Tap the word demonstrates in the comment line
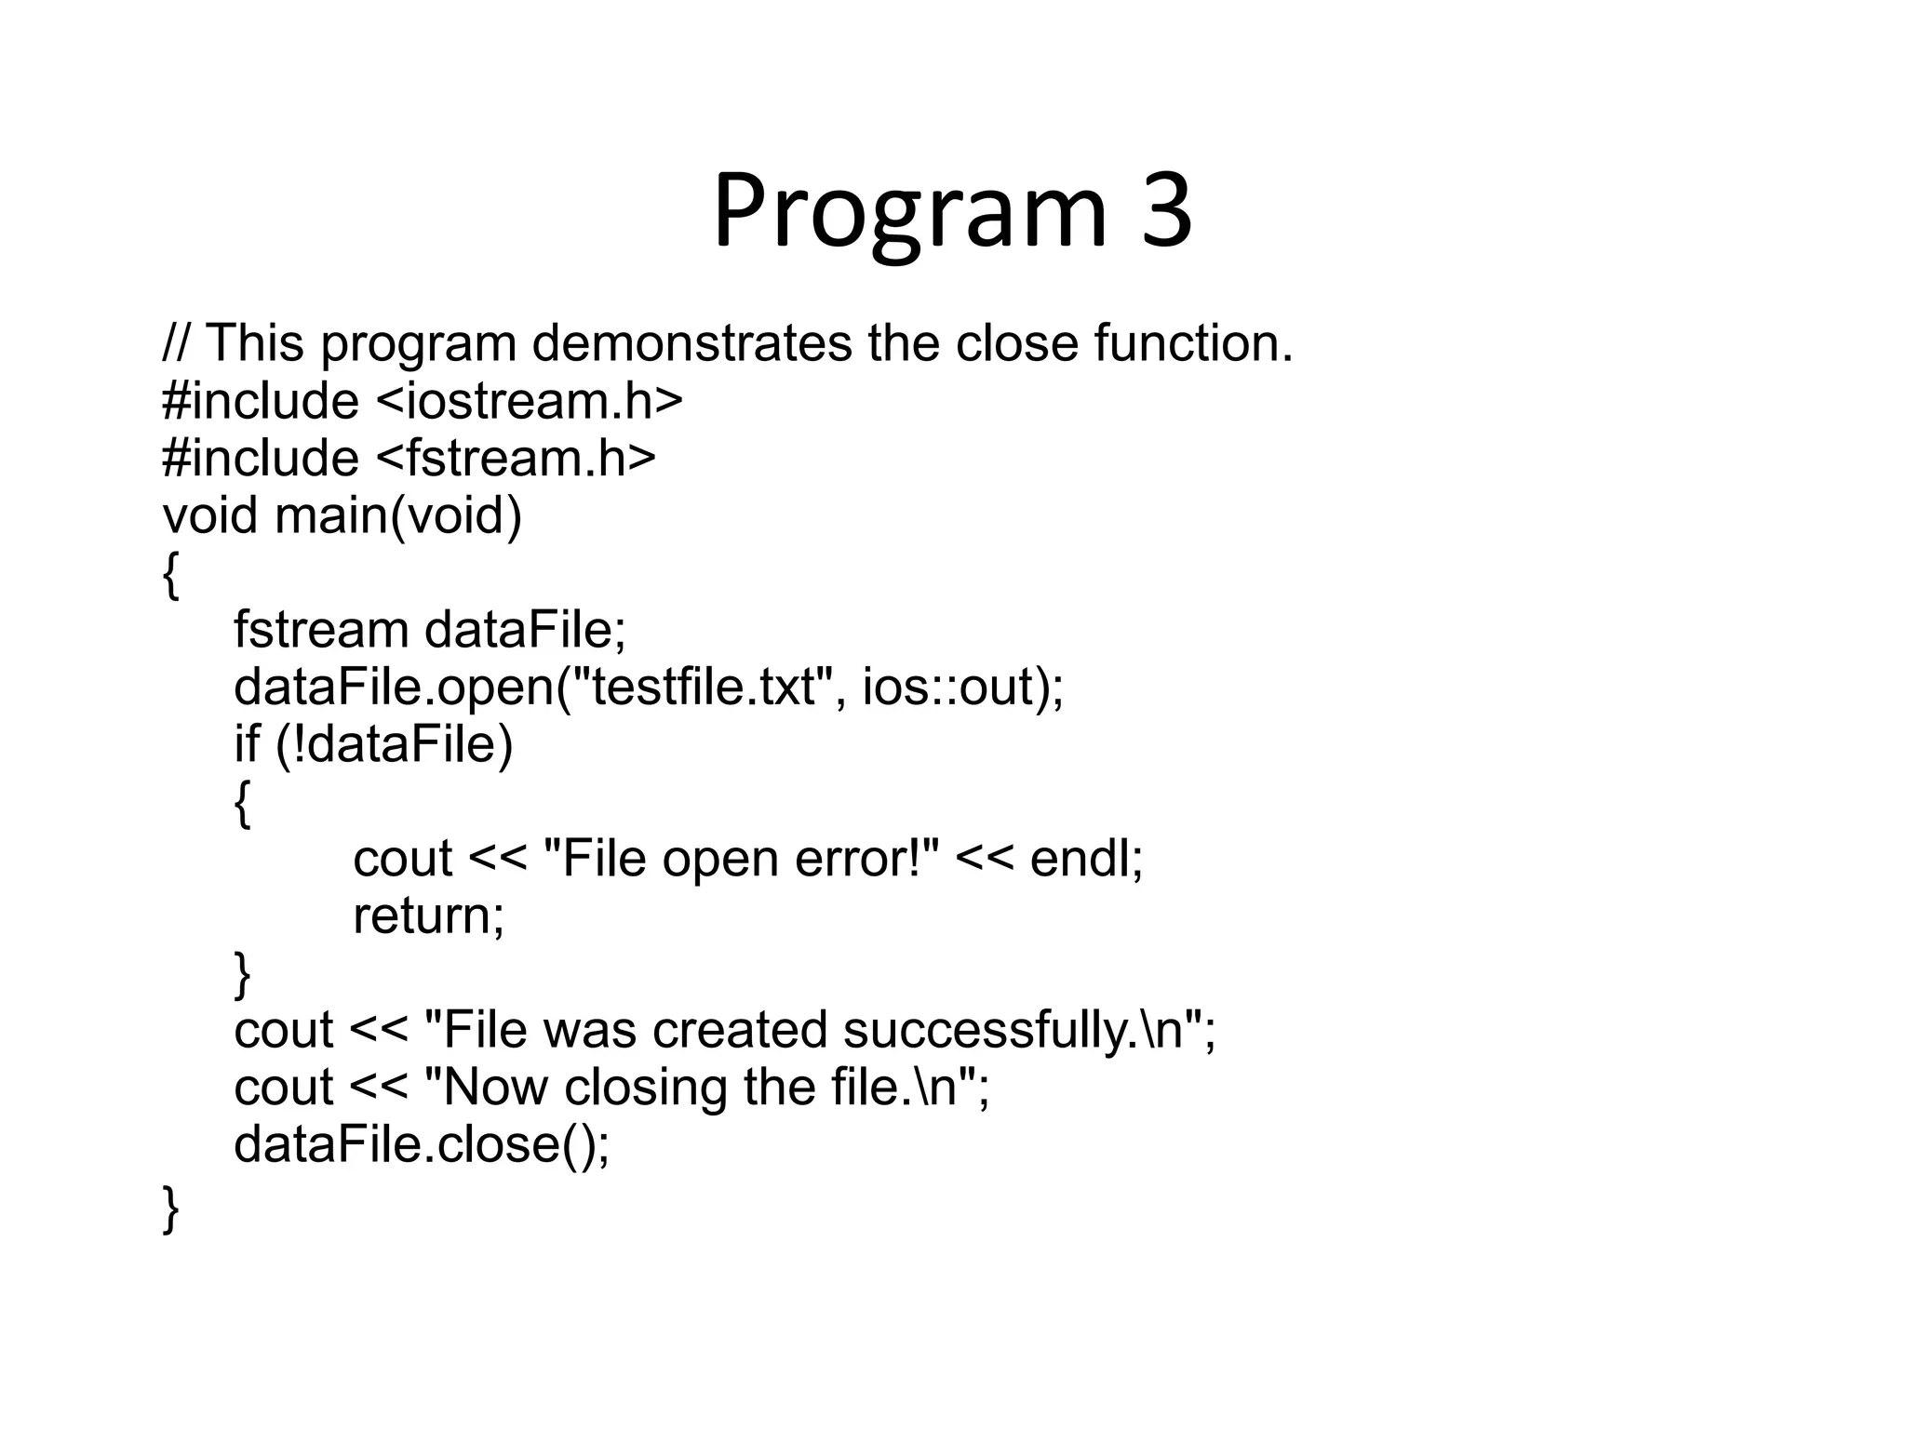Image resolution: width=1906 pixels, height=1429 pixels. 691,343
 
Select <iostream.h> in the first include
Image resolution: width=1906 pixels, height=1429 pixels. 530,401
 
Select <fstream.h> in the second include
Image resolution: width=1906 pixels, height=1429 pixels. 517,459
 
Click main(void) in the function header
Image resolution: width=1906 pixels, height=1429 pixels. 398,515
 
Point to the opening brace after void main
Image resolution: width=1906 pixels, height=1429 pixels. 170,574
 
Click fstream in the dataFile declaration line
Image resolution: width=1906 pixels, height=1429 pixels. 320,630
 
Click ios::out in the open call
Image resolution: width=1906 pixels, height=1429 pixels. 947,688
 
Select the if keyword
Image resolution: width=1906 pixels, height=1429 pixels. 246,744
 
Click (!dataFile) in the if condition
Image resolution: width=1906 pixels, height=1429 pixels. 395,744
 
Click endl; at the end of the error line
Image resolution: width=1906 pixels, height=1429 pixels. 1086,858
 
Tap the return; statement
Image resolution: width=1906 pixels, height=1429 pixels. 428,915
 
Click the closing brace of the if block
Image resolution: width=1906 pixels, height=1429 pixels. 242,973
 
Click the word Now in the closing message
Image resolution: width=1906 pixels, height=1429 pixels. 492,1088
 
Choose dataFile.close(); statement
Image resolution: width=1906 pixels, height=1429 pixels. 422,1144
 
